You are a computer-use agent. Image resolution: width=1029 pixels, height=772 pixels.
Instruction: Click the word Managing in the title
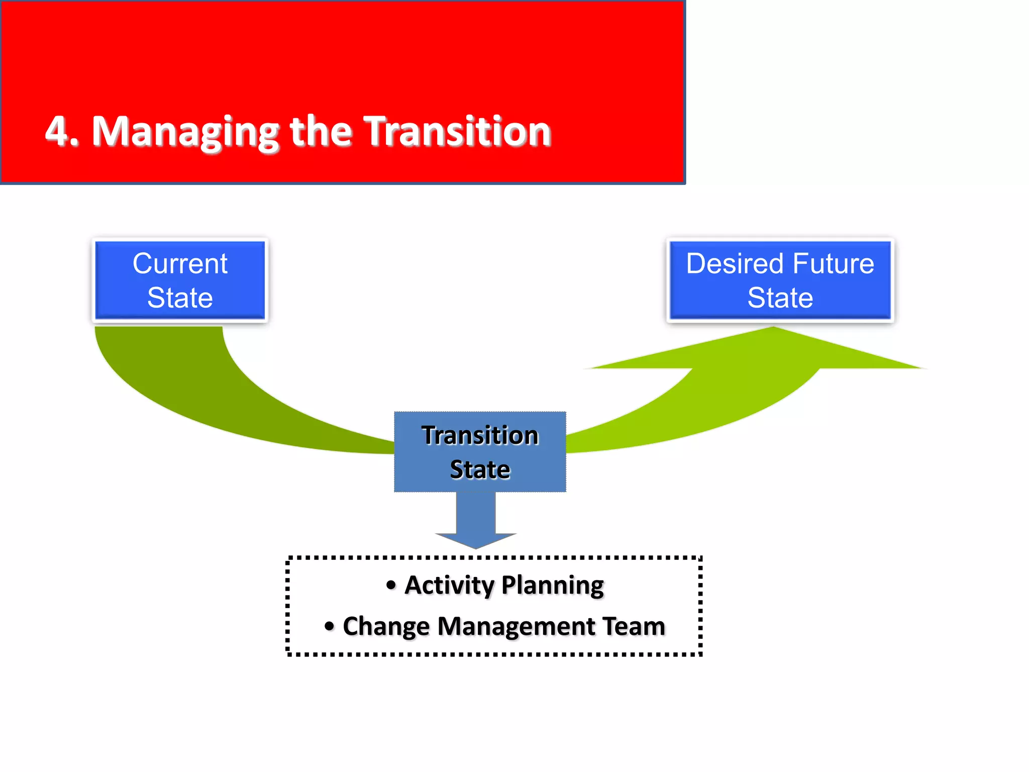(185, 133)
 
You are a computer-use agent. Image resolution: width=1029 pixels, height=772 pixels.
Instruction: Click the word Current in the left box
(180, 263)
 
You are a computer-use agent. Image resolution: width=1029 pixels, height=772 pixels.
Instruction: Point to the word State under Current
(180, 298)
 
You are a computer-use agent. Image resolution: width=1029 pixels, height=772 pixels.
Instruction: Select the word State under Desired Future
(780, 298)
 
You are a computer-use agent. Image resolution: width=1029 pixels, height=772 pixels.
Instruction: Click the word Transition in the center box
(480, 435)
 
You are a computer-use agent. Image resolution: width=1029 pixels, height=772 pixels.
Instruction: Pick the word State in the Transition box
(480, 469)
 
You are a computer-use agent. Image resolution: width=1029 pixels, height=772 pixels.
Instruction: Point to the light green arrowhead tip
(774, 330)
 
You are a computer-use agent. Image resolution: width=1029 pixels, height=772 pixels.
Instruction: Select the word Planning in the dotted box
(553, 586)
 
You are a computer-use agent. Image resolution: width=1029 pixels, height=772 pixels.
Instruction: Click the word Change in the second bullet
(386, 627)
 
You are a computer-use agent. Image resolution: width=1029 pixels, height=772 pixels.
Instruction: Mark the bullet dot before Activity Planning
(391, 585)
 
